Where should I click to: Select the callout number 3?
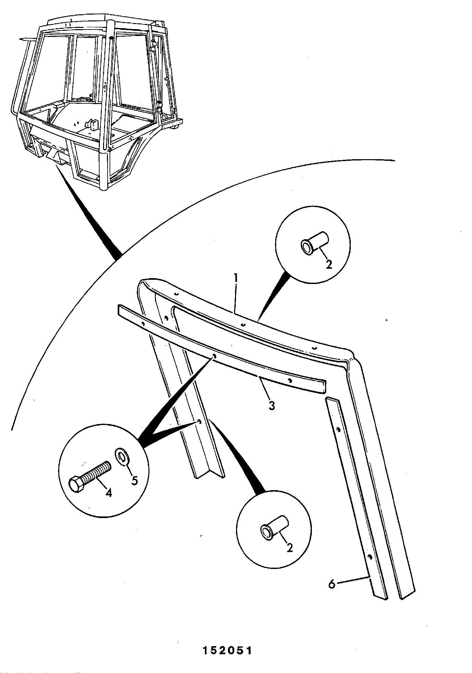point(272,405)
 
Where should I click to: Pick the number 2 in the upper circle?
point(329,265)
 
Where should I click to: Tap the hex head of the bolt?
point(77,485)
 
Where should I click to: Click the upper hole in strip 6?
point(338,429)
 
